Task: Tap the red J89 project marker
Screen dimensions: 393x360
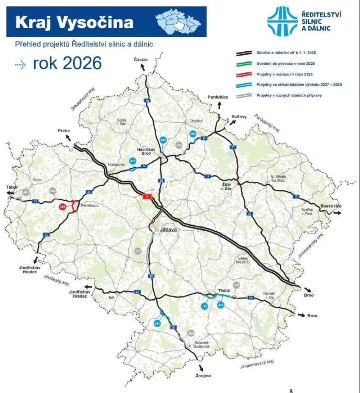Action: point(62,207)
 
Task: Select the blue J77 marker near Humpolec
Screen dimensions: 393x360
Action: point(133,161)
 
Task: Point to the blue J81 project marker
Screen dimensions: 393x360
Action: point(157,324)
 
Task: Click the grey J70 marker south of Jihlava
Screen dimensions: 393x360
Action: point(137,251)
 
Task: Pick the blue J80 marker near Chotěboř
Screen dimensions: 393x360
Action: point(193,134)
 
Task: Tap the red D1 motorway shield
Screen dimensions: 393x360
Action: point(147,197)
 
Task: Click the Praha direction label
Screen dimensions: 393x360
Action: point(64,131)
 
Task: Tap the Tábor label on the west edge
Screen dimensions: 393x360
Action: point(12,187)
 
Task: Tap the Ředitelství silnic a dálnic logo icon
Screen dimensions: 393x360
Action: point(282,21)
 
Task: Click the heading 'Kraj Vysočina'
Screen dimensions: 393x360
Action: point(74,22)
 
